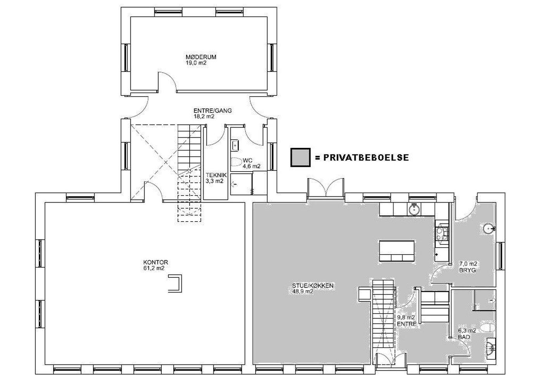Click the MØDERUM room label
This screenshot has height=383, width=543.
pyautogui.click(x=201, y=57)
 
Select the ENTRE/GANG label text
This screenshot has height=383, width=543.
pyautogui.click(x=213, y=111)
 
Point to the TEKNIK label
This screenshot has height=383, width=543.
pyautogui.click(x=216, y=175)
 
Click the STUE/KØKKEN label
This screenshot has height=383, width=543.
pyautogui.click(x=313, y=286)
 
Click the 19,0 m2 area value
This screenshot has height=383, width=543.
pyautogui.click(x=196, y=63)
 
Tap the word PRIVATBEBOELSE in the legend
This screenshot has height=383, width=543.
pyautogui.click(x=366, y=158)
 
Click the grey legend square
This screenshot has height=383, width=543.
pyautogui.click(x=301, y=158)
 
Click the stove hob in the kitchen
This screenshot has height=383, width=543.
pyautogui.click(x=442, y=233)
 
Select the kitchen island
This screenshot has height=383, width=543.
pyautogui.click(x=397, y=251)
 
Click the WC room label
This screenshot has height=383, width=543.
pyautogui.click(x=247, y=160)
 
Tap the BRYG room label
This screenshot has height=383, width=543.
pyautogui.click(x=467, y=270)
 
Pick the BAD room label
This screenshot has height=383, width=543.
pyautogui.click(x=464, y=337)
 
